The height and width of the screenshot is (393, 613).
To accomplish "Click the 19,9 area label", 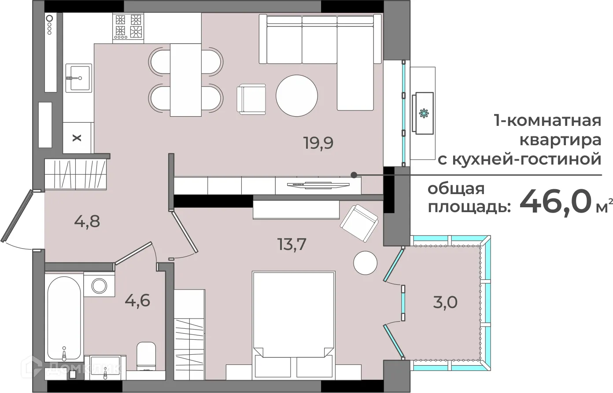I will [318, 143].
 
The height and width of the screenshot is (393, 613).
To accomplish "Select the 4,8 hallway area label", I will [87, 221].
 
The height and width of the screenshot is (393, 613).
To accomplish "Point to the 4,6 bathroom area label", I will [137, 301].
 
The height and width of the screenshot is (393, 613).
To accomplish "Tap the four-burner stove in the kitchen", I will [129, 26].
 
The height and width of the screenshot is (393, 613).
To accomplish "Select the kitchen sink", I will [78, 78].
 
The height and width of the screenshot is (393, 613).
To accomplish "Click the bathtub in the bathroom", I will [64, 317].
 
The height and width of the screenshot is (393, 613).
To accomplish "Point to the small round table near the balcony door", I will [365, 263].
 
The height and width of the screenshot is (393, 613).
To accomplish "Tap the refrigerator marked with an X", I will [77, 138].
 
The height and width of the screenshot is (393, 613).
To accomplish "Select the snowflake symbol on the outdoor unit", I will [424, 113].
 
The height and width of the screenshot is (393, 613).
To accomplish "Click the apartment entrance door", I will [18, 216].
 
